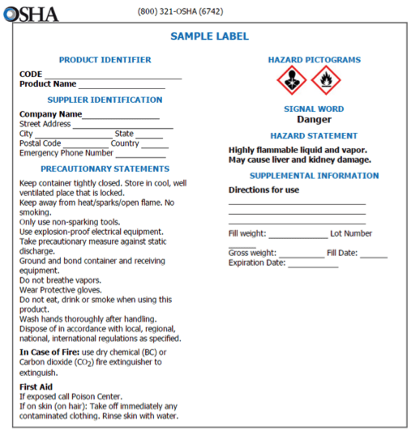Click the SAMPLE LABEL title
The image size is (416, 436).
[209, 36]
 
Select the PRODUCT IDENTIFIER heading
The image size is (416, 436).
[105, 60]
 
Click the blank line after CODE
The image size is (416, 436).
[113, 75]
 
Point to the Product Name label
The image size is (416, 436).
[48, 83]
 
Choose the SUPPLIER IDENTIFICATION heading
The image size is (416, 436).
[105, 100]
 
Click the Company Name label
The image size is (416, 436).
[50, 114]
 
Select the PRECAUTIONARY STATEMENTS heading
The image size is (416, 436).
[105, 169]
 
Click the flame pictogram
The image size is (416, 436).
[326, 80]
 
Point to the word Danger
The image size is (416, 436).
[314, 119]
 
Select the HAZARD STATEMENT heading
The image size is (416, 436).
[314, 135]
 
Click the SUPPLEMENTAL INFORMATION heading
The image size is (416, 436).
[314, 175]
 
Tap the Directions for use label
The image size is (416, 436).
[264, 190]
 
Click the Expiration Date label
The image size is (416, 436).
[257, 263]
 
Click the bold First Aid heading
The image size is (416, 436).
[35, 387]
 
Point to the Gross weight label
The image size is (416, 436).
[252, 253]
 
